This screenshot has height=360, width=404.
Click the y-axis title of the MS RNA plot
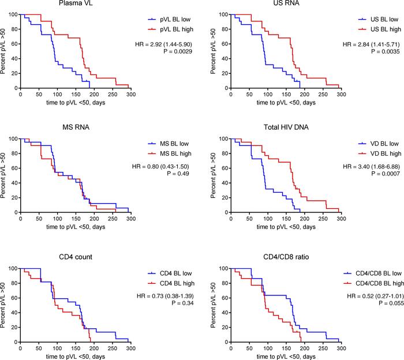(5, 175)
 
